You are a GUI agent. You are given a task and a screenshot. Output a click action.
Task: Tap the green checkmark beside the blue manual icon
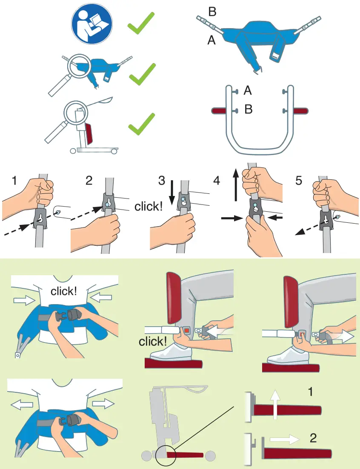[x=141, y=23]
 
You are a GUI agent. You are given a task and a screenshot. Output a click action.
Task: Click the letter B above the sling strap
[x=212, y=12]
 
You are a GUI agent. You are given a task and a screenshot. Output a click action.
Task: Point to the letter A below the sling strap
[x=211, y=40]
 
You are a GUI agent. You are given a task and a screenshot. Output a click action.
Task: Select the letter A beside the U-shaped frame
[x=248, y=90]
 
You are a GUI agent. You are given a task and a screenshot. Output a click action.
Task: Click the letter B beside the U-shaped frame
[x=248, y=109]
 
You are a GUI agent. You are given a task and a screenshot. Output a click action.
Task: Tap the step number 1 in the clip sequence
[x=14, y=181]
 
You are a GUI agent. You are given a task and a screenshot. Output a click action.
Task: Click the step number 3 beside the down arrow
[x=161, y=181]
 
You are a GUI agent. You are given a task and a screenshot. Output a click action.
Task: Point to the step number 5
[x=298, y=181]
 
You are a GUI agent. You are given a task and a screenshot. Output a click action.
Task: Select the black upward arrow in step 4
[x=236, y=184]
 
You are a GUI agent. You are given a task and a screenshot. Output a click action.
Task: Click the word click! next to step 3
[x=149, y=206]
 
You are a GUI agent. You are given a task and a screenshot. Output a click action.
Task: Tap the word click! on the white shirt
[x=64, y=291]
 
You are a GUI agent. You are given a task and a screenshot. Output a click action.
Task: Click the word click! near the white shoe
[x=153, y=341]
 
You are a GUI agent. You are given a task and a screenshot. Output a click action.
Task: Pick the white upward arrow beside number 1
[x=275, y=405]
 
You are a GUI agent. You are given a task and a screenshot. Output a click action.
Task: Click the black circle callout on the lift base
[x=166, y=455]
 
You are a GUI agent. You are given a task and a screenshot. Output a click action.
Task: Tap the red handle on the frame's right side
[x=300, y=111]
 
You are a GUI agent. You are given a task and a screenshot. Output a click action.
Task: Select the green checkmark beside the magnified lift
[x=142, y=124]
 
